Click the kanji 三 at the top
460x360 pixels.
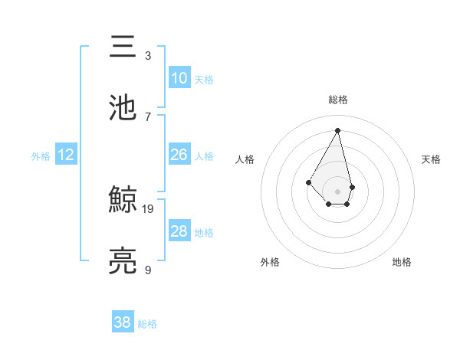point(123,47)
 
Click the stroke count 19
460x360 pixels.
point(148,208)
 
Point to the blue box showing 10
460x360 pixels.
point(179,78)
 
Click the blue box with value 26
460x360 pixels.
point(179,155)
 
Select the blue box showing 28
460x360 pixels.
point(179,231)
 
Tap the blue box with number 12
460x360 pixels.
point(66,155)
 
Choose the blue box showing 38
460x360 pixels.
point(123,322)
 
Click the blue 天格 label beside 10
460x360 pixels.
point(204,80)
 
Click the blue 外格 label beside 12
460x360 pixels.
point(41,156)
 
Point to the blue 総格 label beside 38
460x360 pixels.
point(148,324)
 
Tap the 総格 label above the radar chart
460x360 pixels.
point(338,100)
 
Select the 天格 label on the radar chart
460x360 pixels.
point(432,159)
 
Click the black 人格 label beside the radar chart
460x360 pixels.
point(245,159)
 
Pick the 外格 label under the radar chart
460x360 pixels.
point(270,262)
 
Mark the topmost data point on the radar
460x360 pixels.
point(337,129)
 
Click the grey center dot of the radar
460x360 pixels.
point(337,190)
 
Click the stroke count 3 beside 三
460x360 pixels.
point(148,55)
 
